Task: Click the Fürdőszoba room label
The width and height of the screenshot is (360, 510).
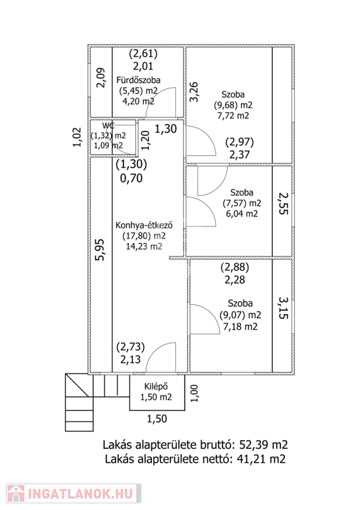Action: click(138, 80)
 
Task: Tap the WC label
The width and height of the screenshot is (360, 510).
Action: click(108, 126)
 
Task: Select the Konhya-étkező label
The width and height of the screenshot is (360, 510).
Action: click(144, 225)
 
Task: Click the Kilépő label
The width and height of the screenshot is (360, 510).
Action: click(156, 386)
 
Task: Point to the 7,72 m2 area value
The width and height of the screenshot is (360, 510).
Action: click(233, 116)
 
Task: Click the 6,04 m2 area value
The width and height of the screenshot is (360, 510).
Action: click(242, 214)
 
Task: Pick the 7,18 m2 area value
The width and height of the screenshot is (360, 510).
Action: click(240, 327)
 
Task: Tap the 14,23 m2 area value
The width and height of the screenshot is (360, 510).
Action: click(144, 246)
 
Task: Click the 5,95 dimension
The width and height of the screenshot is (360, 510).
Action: click(100, 250)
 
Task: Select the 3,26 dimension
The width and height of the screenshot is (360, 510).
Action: click(194, 92)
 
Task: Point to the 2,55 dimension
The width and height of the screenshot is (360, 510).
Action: click(283, 204)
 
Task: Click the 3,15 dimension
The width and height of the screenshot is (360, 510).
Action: click(283, 307)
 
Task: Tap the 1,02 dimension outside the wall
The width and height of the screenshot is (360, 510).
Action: click(77, 137)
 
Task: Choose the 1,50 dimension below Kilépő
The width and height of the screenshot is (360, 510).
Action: click(157, 418)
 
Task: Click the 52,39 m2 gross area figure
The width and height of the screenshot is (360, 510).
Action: click(264, 445)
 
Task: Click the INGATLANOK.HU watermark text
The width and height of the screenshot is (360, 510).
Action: click(80, 494)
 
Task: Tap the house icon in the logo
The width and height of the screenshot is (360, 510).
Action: click(16, 493)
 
